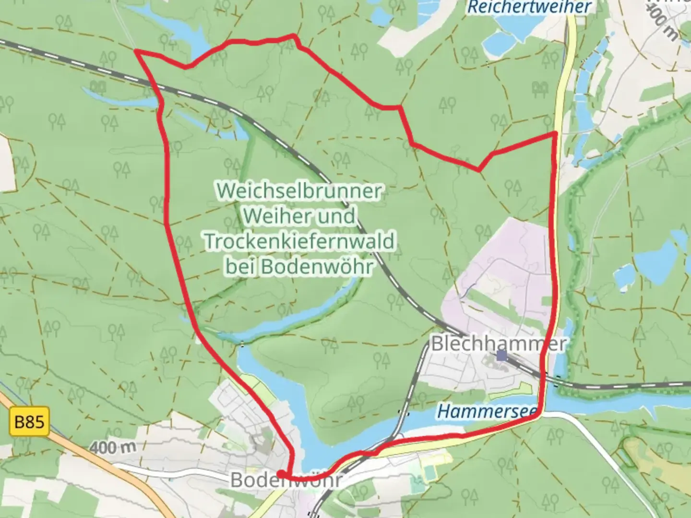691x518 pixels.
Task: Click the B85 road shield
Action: [x=29, y=422]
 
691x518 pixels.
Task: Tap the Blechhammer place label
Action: [x=499, y=343]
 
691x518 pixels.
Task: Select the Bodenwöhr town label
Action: [x=286, y=480]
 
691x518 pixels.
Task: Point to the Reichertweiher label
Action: [x=529, y=7]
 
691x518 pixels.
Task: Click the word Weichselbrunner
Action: [x=299, y=191]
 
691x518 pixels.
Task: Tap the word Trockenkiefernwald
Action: [x=299, y=241]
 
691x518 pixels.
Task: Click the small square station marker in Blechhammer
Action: [x=502, y=355]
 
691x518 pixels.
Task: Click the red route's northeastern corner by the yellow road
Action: [x=555, y=133]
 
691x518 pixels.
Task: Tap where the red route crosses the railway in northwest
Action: [x=155, y=86]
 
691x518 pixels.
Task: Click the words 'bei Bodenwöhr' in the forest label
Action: [x=299, y=266]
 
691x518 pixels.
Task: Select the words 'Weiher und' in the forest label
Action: [x=299, y=216]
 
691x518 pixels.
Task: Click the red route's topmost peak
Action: [x=294, y=35]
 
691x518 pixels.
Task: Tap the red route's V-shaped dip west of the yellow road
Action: [x=479, y=170]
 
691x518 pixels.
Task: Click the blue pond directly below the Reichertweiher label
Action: [x=504, y=41]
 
